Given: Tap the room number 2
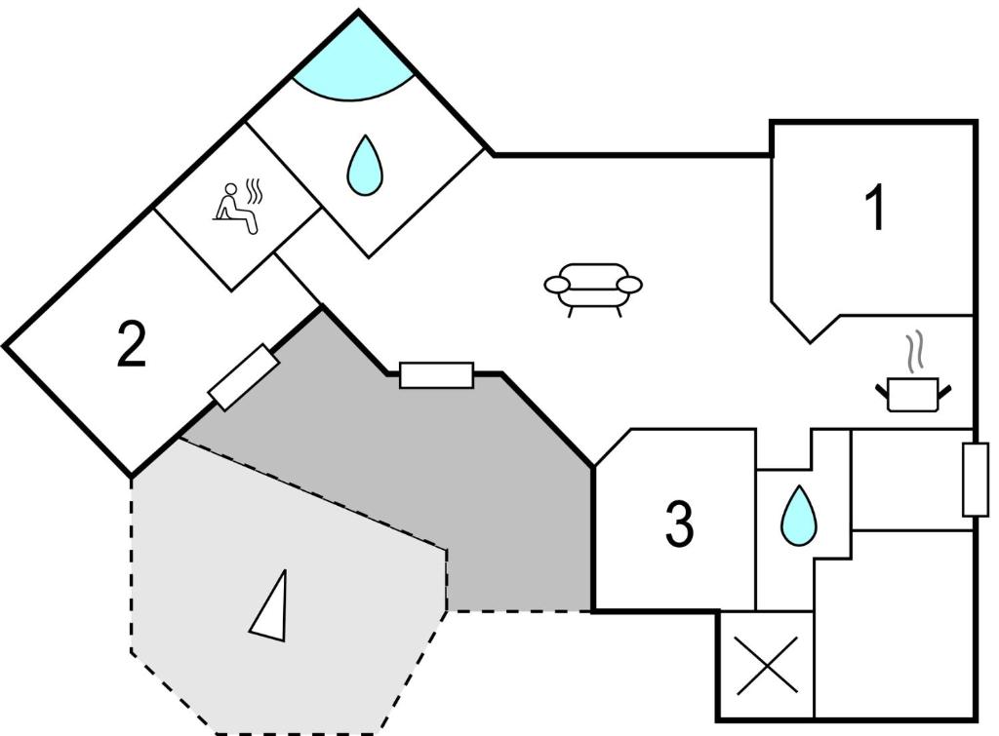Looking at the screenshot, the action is coord(132,343).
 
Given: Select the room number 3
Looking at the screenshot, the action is coord(680,524).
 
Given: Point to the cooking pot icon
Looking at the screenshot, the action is coord(913,394).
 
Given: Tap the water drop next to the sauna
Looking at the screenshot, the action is coord(365,166).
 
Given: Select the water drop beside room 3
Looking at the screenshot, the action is coord(798,517).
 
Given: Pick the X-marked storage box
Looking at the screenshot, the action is coord(767,666).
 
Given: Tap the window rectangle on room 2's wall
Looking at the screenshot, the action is coord(243,377).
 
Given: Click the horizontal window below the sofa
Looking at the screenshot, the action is coord(436,375).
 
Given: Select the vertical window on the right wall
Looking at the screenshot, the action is coord(976,480).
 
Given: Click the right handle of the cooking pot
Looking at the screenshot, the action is coord(944,391).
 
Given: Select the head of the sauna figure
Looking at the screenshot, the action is coord(230,189).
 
